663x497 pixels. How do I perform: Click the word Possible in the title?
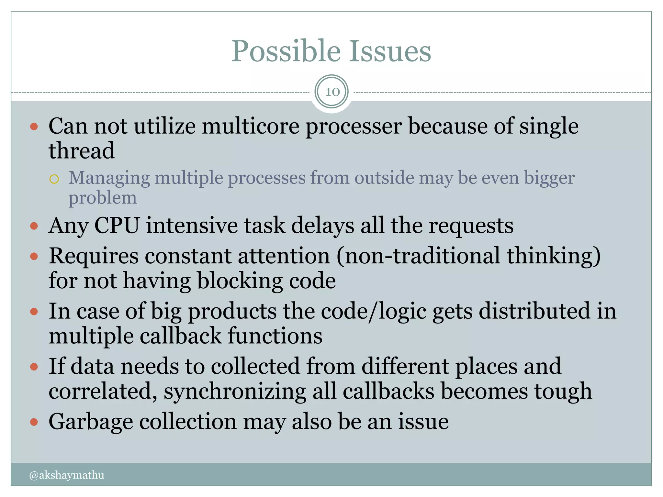(286, 51)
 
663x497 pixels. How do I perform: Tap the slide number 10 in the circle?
(332, 92)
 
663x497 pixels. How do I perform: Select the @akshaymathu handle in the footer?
(67, 475)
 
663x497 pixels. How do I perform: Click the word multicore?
(251, 126)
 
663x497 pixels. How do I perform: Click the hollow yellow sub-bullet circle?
(54, 179)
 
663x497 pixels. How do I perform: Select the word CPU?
(117, 225)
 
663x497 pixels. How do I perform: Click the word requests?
(471, 226)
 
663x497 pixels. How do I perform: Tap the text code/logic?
(374, 312)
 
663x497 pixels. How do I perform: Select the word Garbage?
(91, 422)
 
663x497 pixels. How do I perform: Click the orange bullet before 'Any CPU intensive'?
(34, 226)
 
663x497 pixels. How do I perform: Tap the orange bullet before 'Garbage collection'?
(34, 422)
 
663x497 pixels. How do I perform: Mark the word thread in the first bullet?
(82, 150)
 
